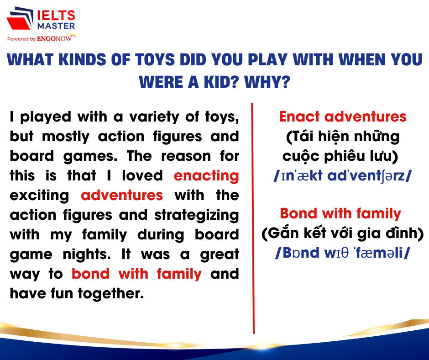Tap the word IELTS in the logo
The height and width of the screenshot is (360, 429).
56,16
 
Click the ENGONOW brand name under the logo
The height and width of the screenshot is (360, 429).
54,39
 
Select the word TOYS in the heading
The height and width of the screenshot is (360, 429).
155,59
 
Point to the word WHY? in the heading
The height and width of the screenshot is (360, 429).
267,82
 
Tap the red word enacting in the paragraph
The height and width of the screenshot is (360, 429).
206,176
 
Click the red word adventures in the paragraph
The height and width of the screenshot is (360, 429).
122,196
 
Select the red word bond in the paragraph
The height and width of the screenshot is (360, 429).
90,274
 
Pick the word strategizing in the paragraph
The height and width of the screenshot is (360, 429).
197,215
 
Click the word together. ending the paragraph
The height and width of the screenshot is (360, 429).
111,293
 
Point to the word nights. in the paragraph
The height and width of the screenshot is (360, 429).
87,254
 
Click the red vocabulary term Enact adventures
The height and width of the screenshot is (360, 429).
343,116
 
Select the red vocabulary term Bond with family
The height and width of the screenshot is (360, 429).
340,214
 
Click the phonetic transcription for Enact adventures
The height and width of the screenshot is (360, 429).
343,175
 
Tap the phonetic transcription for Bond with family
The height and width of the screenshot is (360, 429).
343,253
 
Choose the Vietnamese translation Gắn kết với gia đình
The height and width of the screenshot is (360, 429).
343,233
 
